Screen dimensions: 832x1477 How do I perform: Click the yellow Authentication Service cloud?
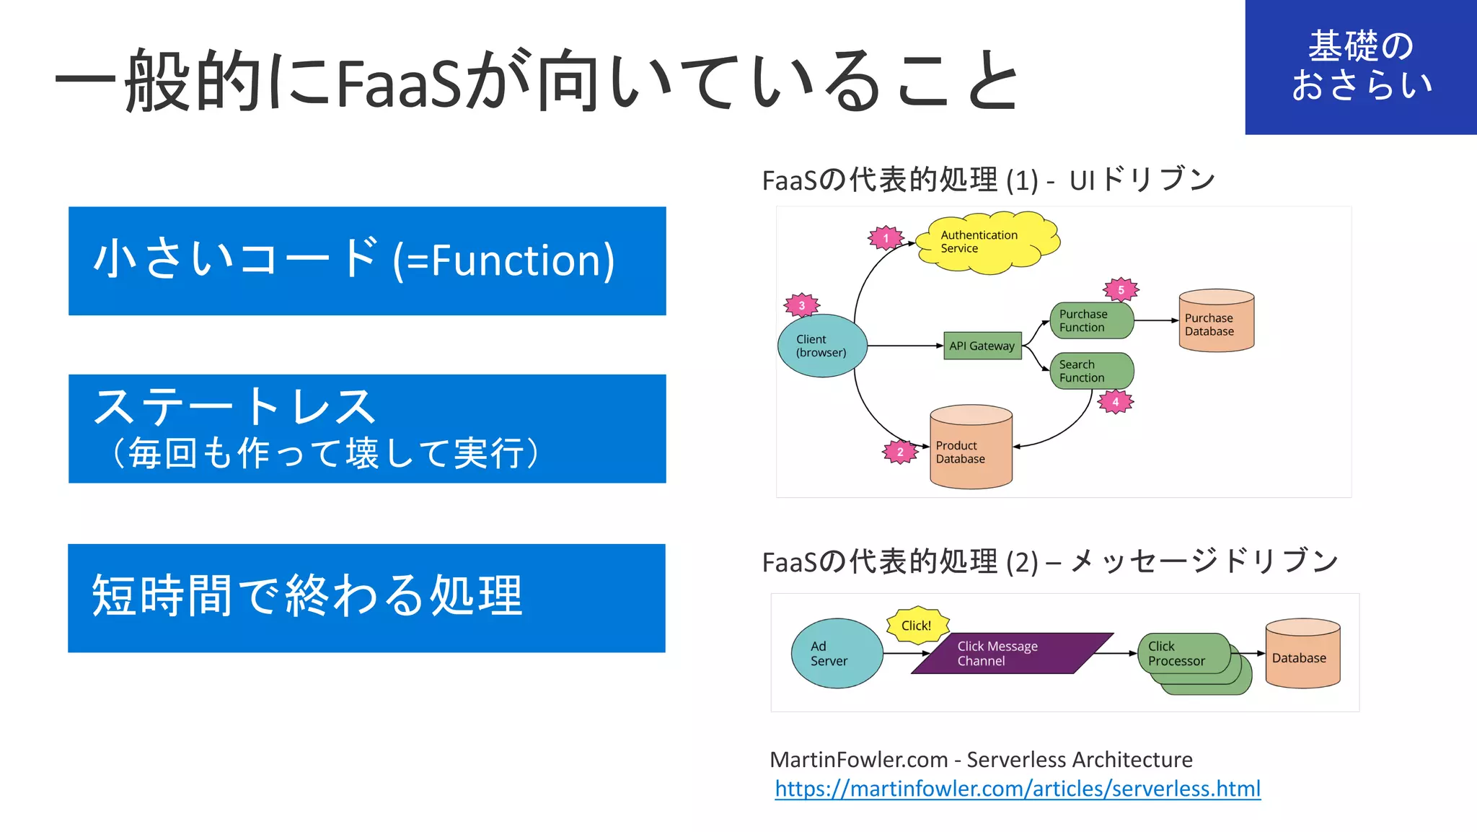(987, 242)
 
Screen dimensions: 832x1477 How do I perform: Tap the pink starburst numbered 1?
(886, 238)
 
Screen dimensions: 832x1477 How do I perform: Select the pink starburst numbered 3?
(801, 305)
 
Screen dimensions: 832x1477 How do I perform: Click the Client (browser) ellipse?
(821, 346)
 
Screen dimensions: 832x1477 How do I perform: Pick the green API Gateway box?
(982, 346)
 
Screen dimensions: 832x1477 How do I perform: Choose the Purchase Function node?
(1090, 320)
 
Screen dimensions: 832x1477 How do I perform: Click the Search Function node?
(1090, 371)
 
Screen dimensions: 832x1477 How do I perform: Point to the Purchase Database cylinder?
(1216, 322)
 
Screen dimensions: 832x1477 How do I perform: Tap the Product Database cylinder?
(971, 447)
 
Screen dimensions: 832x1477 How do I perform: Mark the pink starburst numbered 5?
(1121, 290)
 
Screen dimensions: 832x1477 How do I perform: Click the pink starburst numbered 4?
(1115, 402)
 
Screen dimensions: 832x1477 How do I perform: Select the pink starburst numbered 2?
(900, 452)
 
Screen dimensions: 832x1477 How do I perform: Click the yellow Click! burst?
(916, 625)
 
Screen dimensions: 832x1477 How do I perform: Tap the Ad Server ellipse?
(837, 653)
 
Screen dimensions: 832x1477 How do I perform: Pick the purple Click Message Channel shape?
(1011, 653)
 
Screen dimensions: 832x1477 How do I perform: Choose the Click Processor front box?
(1183, 653)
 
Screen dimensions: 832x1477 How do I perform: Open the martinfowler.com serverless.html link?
(1017, 789)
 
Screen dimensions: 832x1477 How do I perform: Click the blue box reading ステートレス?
(367, 429)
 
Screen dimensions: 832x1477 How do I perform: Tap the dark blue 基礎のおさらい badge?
(1360, 66)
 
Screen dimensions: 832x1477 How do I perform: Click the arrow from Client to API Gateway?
(905, 346)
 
